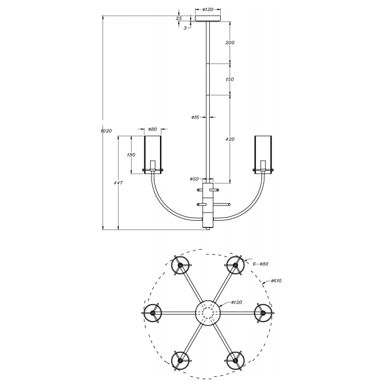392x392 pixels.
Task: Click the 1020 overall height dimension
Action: click(x=106, y=130)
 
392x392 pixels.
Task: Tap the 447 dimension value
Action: click(x=118, y=183)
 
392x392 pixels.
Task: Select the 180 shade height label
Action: click(x=131, y=155)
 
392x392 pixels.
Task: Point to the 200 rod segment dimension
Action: click(x=230, y=43)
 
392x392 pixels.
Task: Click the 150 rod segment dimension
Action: click(x=229, y=79)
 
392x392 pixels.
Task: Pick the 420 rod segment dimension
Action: click(x=230, y=139)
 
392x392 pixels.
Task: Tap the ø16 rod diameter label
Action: click(x=195, y=117)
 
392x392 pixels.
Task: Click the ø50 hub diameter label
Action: click(x=194, y=179)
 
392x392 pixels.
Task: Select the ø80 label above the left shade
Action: click(x=153, y=129)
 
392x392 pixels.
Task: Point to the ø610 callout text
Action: click(x=276, y=281)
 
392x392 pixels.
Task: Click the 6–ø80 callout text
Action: click(x=260, y=264)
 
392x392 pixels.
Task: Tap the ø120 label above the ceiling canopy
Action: click(x=208, y=9)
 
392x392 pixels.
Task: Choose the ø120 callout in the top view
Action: click(x=236, y=302)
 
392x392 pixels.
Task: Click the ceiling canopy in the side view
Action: click(x=208, y=19)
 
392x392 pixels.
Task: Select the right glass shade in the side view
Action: click(x=263, y=154)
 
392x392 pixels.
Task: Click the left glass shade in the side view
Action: click(x=153, y=154)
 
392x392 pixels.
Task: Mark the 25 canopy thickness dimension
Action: click(x=179, y=18)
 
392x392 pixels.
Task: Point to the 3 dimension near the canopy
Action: click(x=185, y=28)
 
